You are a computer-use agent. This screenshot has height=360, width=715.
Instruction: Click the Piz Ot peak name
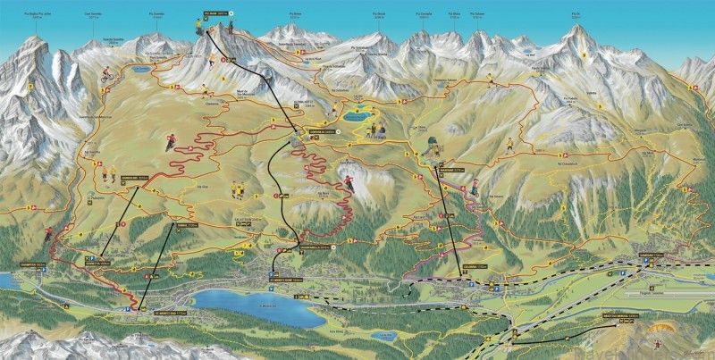576,15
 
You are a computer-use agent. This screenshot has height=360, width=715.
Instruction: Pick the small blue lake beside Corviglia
358,116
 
